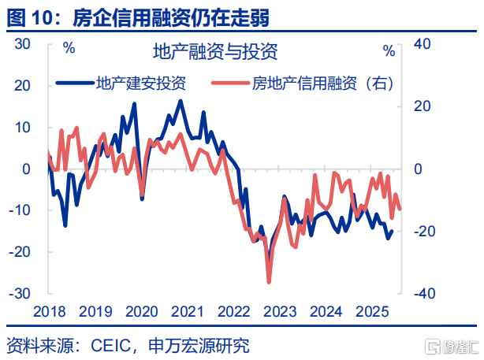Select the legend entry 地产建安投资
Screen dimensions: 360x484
[x=140, y=82]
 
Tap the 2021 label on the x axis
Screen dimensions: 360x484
[x=188, y=312]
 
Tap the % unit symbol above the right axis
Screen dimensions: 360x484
[x=389, y=51]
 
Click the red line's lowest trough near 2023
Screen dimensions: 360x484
[x=269, y=281]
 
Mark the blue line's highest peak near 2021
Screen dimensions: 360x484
[x=181, y=101]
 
